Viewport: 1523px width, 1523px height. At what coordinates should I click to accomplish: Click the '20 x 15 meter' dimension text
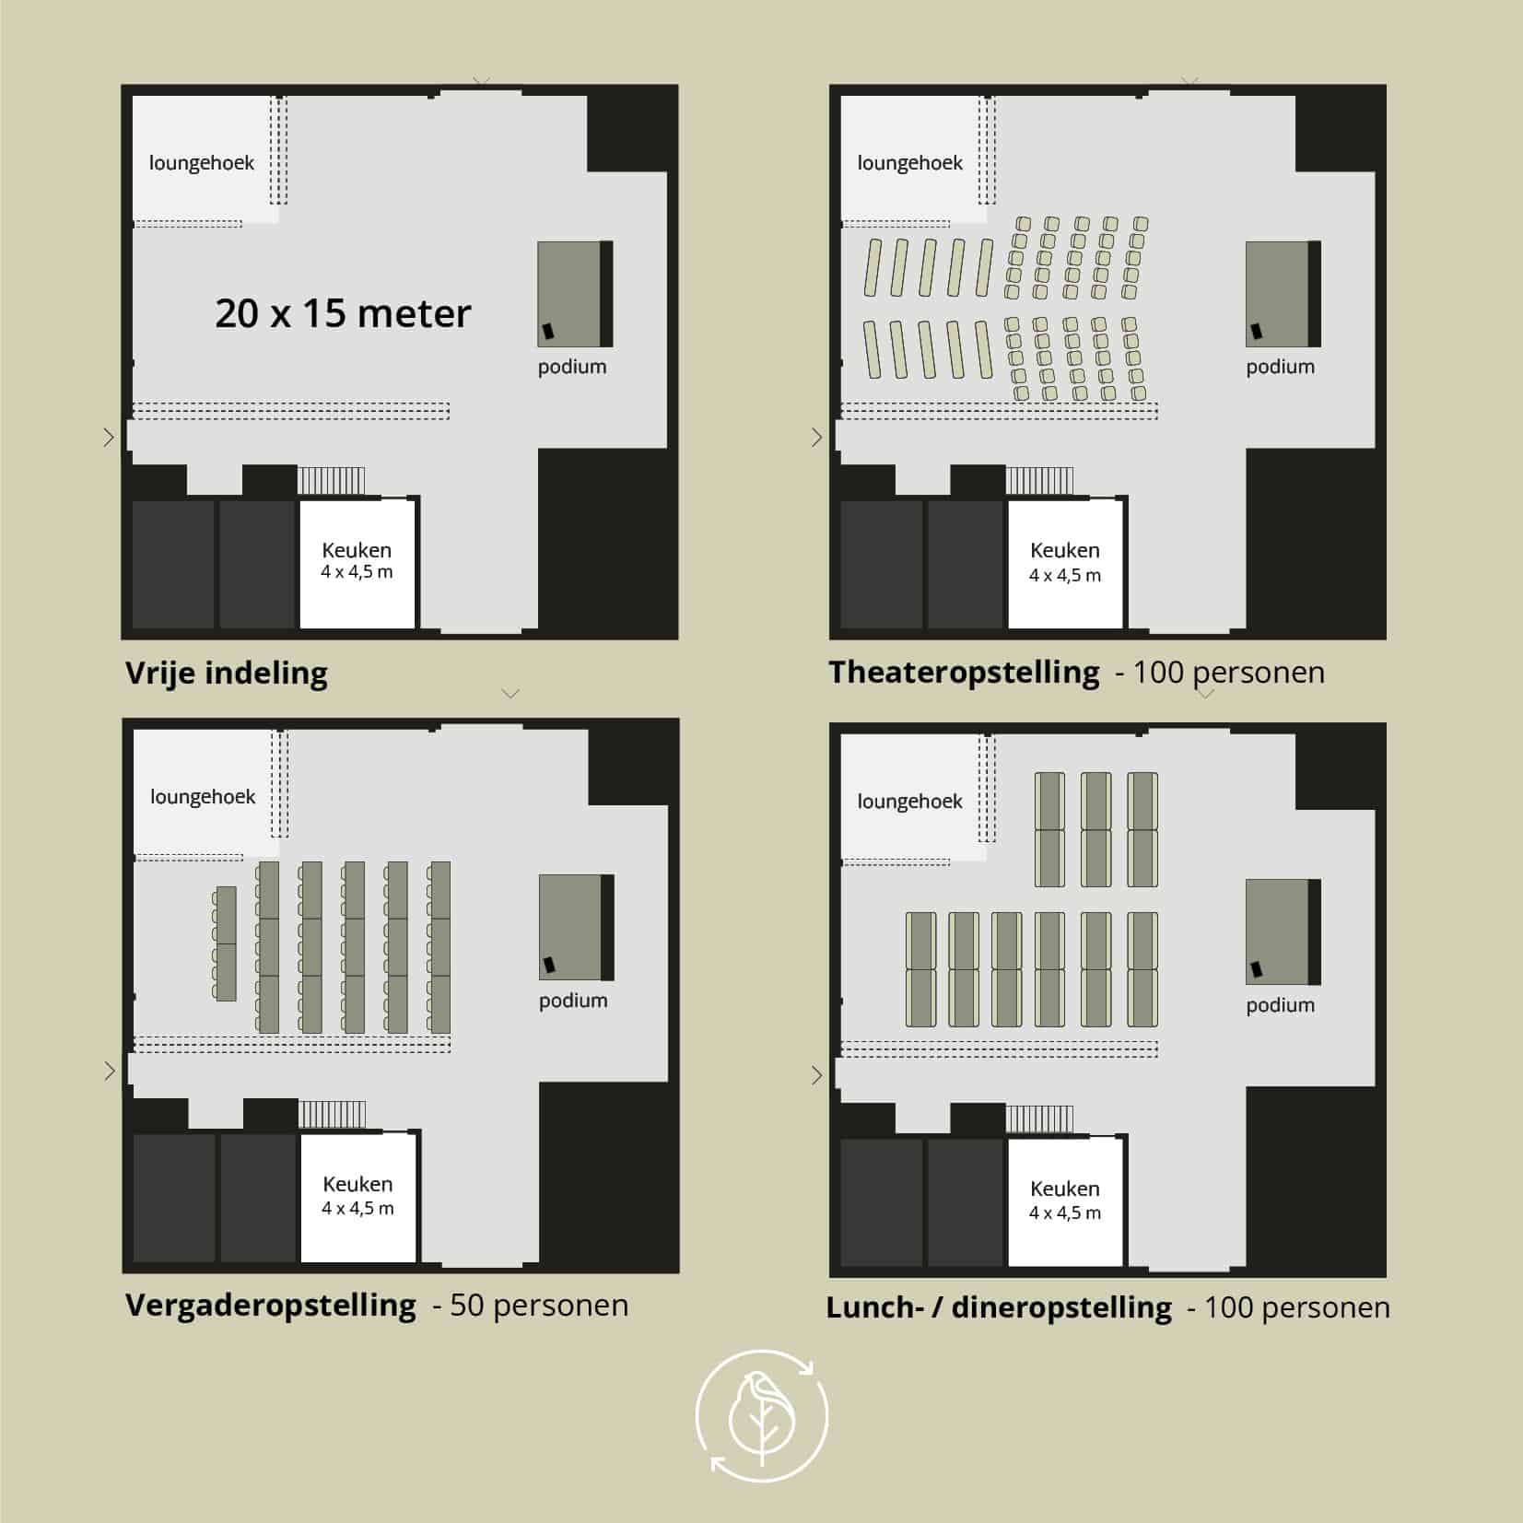343,313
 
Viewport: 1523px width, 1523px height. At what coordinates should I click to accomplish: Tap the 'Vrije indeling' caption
227,673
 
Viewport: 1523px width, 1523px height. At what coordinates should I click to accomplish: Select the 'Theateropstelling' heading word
964,673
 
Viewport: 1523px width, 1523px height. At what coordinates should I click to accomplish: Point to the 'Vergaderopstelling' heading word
271,1306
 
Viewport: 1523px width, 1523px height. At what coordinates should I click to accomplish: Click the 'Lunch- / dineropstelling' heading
999,1307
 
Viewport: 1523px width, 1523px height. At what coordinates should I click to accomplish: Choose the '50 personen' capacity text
539,1306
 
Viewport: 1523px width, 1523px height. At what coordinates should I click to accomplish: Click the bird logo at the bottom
762,1416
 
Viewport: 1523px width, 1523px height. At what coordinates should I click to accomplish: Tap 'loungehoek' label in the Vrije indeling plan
202,163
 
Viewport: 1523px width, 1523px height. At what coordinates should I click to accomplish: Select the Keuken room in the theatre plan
1065,564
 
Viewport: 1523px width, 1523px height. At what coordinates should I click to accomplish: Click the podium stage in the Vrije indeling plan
575,294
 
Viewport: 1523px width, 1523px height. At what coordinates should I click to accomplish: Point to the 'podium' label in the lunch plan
1281,1006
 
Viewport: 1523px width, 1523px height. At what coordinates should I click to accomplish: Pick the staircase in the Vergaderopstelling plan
332,1113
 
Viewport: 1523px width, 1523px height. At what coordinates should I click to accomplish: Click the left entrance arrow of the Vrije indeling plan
109,437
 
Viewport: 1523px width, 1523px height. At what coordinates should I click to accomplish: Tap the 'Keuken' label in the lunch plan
1065,1189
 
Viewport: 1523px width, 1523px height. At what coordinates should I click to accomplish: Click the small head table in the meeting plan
225,943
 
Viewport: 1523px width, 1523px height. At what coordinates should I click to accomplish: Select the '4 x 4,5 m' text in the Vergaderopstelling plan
357,1208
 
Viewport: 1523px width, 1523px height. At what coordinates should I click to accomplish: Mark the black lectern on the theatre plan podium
1255,331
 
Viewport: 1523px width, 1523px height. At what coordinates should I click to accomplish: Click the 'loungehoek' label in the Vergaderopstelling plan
203,797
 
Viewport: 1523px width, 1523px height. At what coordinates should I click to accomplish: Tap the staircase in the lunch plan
1039,1119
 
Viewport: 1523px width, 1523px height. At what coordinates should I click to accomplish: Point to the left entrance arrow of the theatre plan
816,437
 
